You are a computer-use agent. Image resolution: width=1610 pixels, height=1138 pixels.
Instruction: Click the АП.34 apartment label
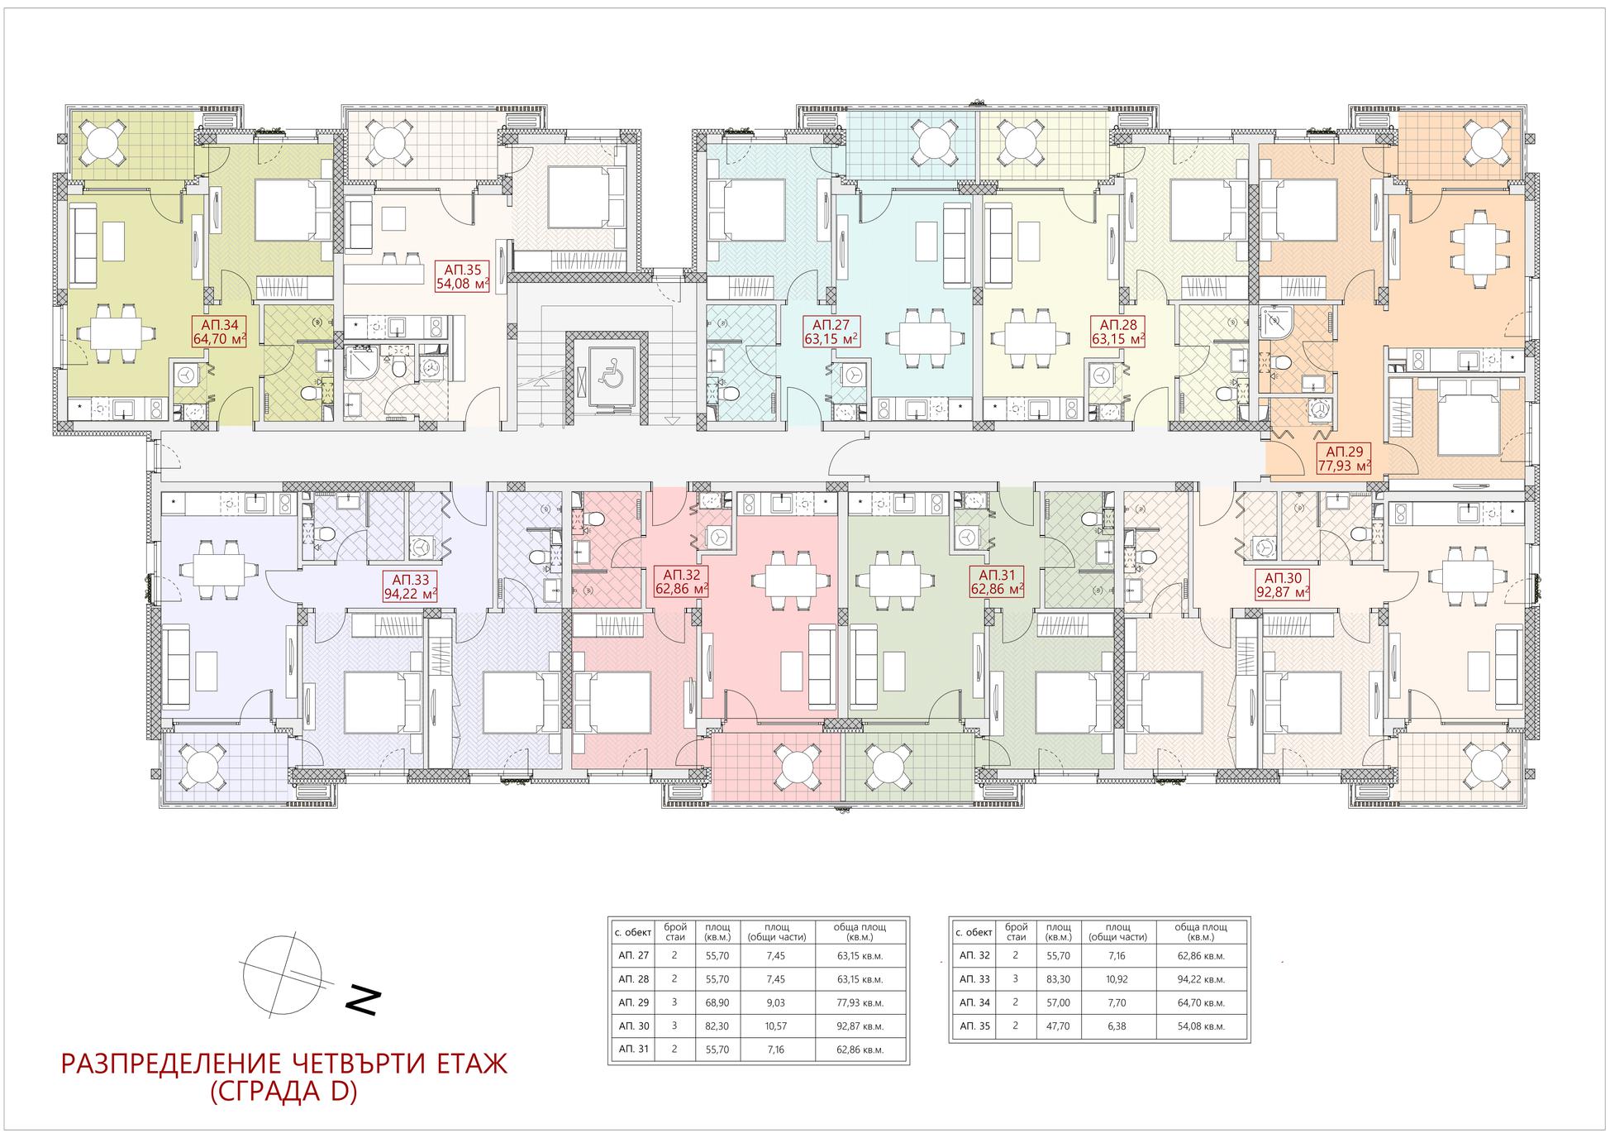pyautogui.click(x=218, y=332)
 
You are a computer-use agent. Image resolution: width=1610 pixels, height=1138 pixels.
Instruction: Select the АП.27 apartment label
pyautogui.click(x=831, y=332)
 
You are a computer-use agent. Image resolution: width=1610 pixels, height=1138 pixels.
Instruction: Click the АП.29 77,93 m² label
pyautogui.click(x=1344, y=459)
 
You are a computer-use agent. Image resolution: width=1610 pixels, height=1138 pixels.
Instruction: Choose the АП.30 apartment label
pyautogui.click(x=1282, y=585)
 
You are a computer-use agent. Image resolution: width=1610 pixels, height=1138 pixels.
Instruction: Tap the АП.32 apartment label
pyautogui.click(x=682, y=582)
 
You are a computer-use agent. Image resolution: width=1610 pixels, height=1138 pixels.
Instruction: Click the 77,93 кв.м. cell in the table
pyautogui.click(x=861, y=1002)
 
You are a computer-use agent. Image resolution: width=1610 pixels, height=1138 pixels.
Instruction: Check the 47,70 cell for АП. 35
pyautogui.click(x=1058, y=1026)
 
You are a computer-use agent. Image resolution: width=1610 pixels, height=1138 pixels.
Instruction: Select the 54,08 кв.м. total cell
pyautogui.click(x=1201, y=1026)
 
